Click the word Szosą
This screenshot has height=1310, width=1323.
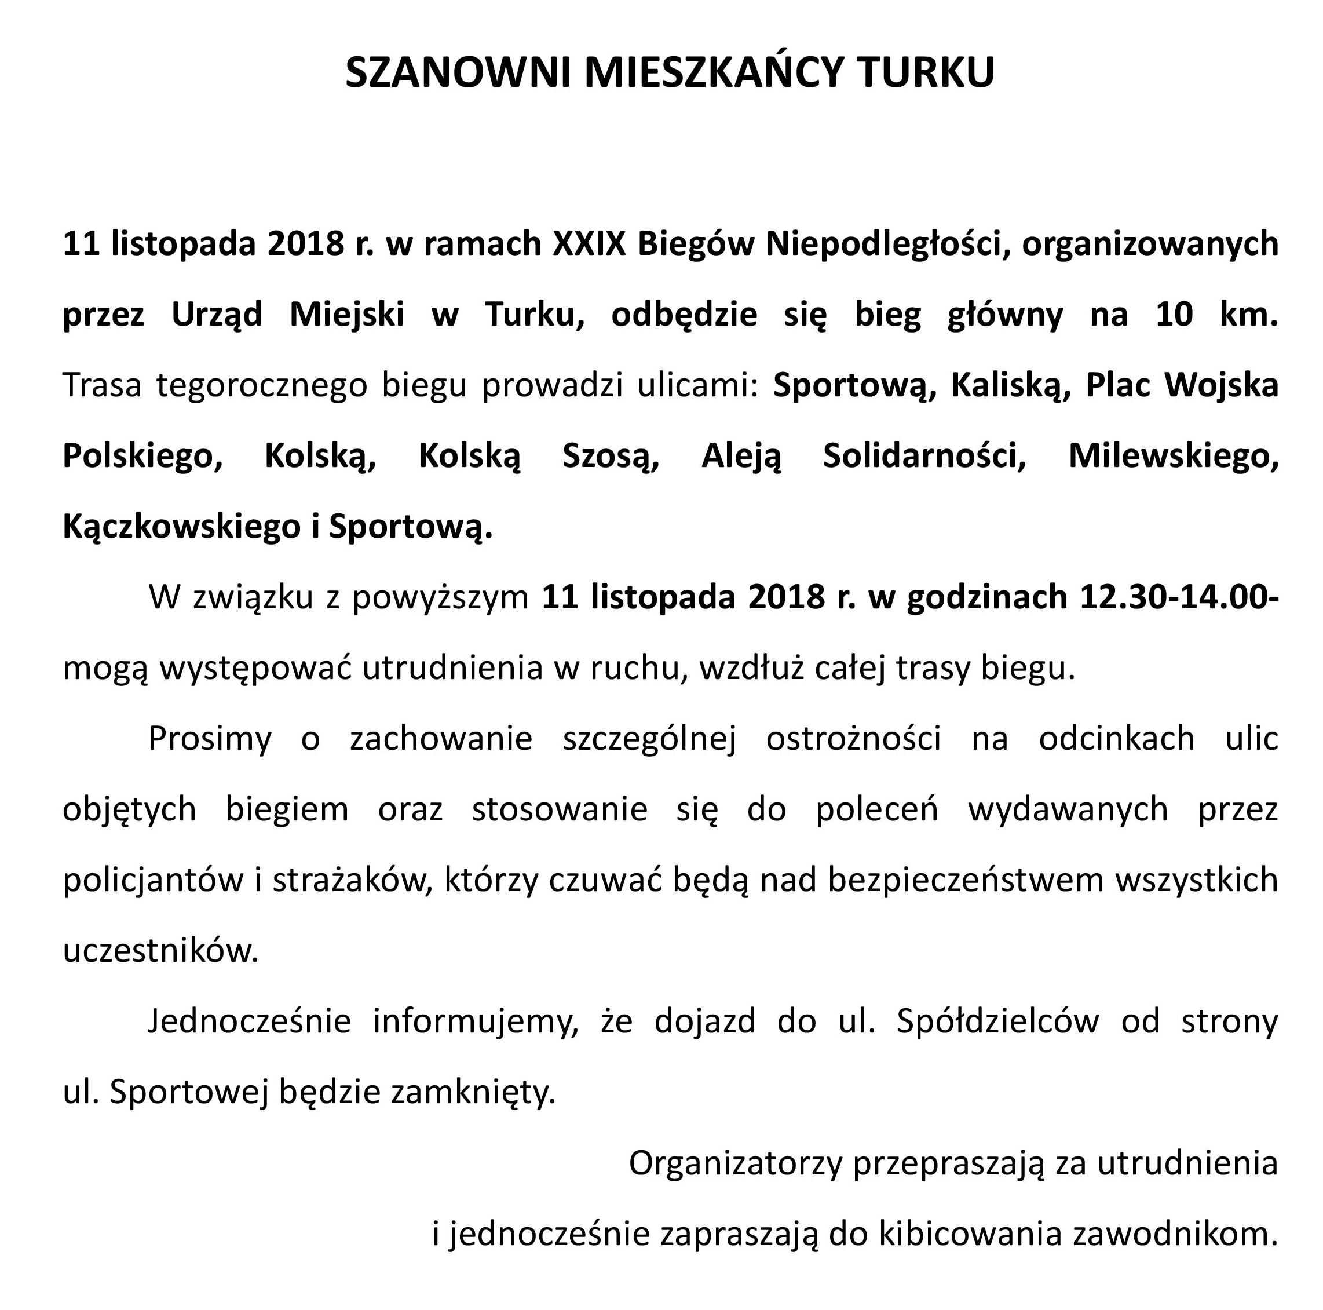coord(611,456)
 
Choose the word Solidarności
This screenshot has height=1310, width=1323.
coord(924,456)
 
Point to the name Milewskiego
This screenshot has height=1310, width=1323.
coord(1173,456)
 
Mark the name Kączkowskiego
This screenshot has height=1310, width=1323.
coord(180,527)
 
